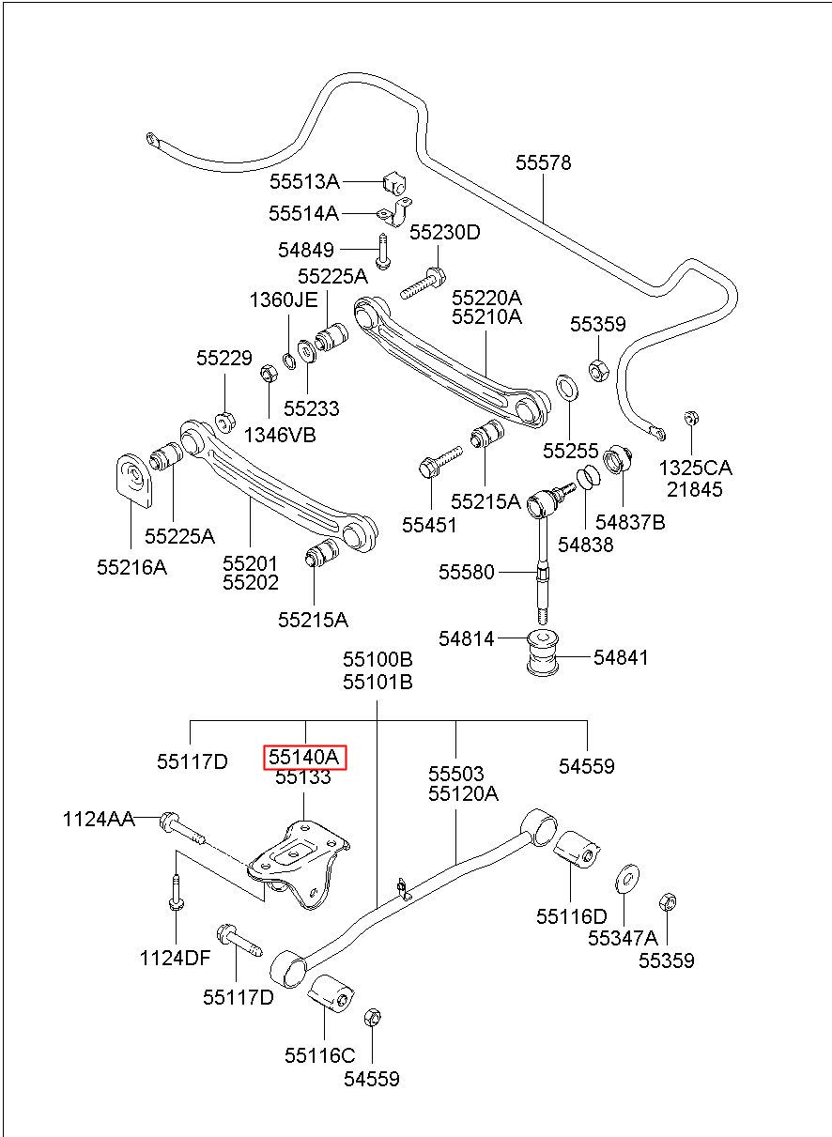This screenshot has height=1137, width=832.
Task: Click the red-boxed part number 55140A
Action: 303,758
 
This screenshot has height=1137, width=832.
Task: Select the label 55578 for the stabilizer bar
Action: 543,162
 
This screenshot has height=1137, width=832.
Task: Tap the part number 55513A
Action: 304,181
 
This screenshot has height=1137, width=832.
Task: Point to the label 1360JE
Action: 284,300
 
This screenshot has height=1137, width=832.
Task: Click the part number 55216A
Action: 132,567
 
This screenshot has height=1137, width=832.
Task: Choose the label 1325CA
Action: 695,468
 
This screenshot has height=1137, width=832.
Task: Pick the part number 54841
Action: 621,658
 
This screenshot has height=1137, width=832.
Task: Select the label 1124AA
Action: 99,820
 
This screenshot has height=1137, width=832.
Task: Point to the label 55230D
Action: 445,233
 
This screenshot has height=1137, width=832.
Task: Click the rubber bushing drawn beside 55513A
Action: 393,183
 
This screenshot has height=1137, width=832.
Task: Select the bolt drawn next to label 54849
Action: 382,251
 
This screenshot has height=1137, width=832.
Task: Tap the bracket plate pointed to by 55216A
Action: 134,480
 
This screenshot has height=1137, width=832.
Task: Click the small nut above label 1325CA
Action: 690,418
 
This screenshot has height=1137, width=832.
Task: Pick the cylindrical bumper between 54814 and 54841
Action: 543,653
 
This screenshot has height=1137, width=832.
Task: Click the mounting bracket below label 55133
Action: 299,864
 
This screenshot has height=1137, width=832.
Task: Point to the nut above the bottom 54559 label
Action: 373,1017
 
